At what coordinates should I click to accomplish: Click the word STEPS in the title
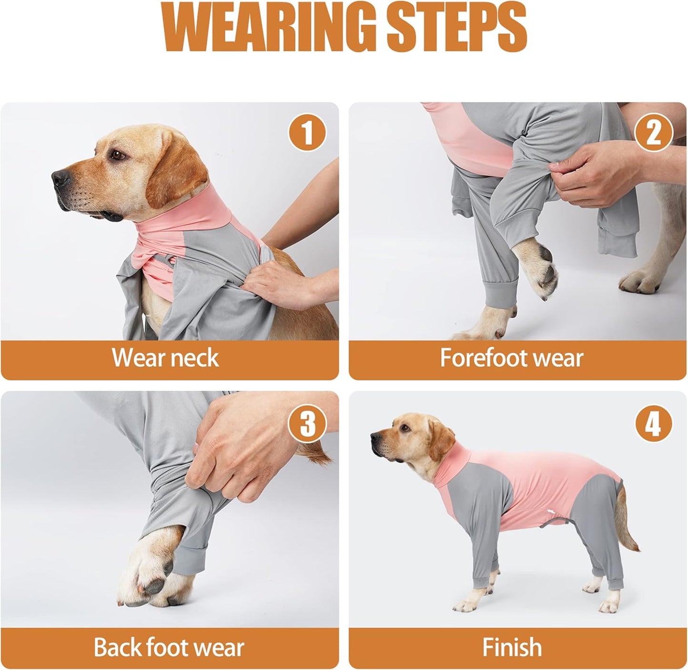[455, 28]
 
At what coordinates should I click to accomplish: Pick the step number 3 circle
[307, 423]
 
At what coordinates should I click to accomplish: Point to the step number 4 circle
[653, 423]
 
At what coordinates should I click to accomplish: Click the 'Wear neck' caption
[165, 358]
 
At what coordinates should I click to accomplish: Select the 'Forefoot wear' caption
[511, 358]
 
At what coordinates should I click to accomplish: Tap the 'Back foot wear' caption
[169, 647]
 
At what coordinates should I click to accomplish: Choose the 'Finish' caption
[512, 647]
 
